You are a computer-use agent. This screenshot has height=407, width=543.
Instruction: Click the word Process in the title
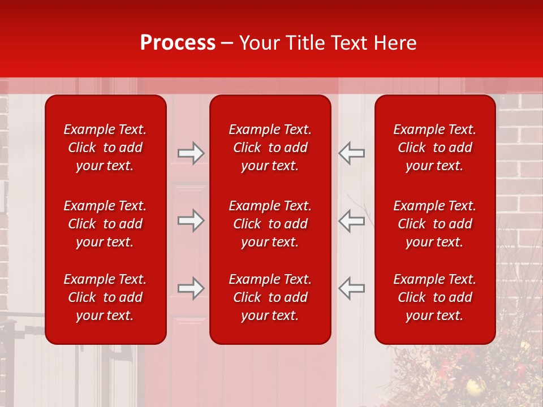(x=178, y=43)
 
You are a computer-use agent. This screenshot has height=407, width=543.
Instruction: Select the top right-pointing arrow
(x=191, y=153)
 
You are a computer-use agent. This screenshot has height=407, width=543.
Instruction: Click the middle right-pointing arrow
(x=191, y=220)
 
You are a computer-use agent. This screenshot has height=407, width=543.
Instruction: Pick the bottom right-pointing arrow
(x=191, y=288)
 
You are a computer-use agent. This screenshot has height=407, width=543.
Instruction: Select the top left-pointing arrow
(x=351, y=153)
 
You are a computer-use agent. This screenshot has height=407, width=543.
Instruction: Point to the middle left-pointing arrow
(x=351, y=220)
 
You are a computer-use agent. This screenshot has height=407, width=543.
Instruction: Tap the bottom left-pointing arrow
(x=351, y=288)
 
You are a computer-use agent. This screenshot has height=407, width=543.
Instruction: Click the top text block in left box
(x=105, y=148)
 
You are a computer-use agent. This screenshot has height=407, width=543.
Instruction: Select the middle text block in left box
(x=105, y=224)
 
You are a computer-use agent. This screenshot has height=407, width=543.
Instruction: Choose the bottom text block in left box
(x=105, y=297)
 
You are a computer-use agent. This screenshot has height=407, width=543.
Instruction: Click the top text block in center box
(x=270, y=148)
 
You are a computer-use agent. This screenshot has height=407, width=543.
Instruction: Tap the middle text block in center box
(x=270, y=224)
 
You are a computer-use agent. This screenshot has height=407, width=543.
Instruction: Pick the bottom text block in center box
(x=270, y=297)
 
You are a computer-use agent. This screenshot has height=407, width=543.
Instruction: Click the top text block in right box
(x=434, y=148)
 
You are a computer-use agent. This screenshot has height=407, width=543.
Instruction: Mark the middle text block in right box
(x=434, y=224)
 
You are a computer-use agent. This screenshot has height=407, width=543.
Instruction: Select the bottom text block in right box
(x=434, y=297)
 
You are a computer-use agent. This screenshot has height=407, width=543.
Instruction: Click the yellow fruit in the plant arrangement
(x=473, y=387)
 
